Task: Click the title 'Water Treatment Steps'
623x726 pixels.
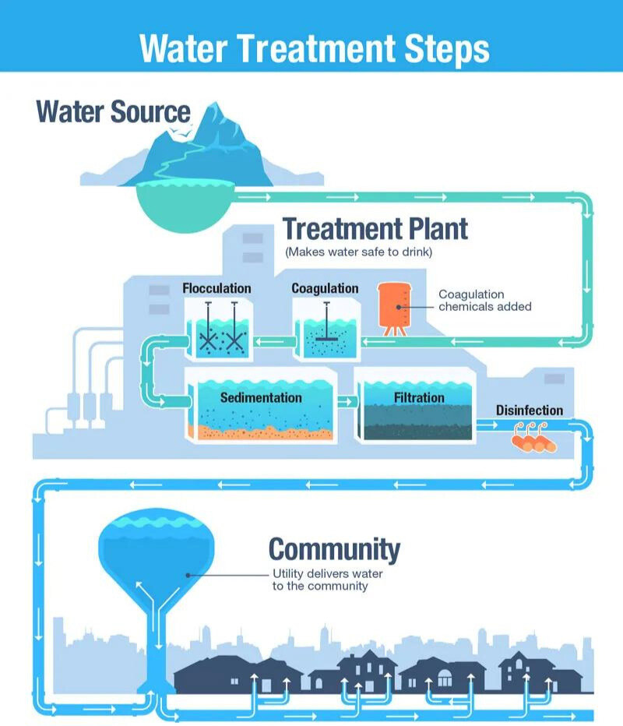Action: click(x=314, y=48)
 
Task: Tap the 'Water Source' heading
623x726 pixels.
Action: click(x=113, y=111)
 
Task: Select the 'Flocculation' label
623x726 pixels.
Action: click(x=216, y=288)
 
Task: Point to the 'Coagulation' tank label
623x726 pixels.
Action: click(x=325, y=288)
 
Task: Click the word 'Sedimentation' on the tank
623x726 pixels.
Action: click(x=260, y=397)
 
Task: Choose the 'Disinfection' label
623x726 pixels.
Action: click(x=530, y=411)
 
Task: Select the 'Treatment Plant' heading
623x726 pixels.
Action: click(x=375, y=229)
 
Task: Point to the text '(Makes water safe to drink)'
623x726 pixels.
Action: click(x=358, y=252)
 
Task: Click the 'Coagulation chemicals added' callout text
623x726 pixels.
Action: click(x=484, y=301)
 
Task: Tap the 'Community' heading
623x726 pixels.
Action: click(x=335, y=549)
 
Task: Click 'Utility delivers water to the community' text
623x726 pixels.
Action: click(x=327, y=580)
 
